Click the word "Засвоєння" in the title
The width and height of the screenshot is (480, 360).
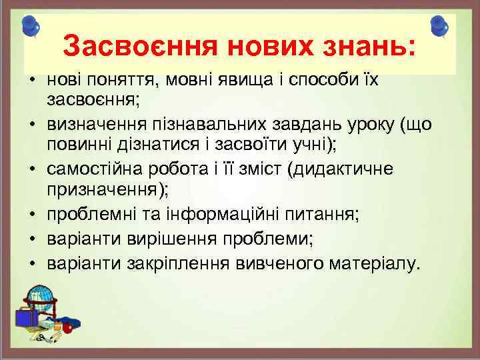[x=139, y=47]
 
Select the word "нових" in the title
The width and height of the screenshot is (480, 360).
[x=266, y=47]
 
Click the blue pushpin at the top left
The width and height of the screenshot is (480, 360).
[x=30, y=27]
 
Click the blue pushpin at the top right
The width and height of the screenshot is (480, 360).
[x=440, y=27]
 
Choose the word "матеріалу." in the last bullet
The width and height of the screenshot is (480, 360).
[x=375, y=263]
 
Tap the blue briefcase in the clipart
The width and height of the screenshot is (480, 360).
[x=25, y=317]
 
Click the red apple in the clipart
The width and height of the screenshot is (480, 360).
[x=67, y=328]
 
